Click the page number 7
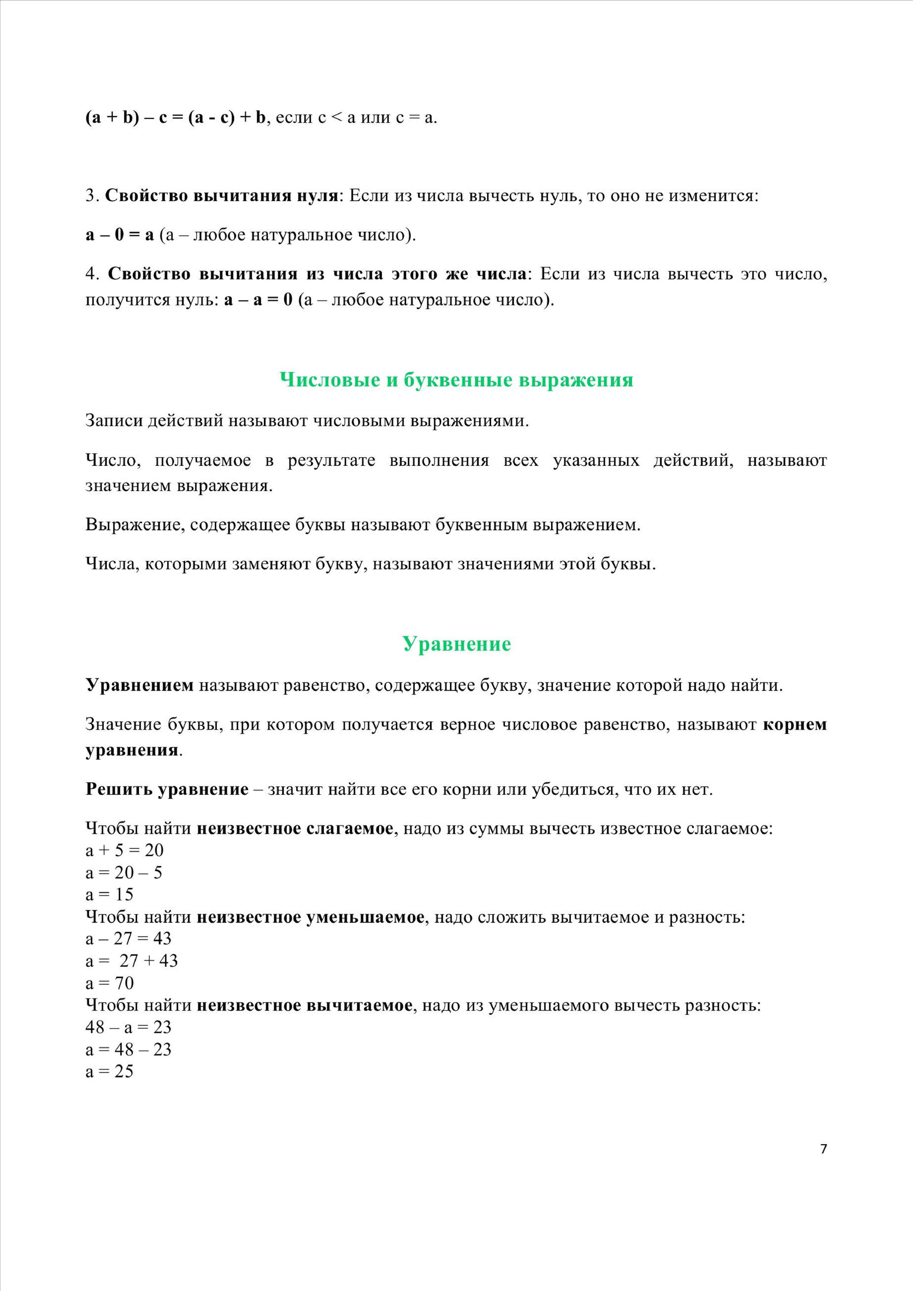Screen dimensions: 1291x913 (824, 1149)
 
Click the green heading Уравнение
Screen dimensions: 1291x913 (456, 644)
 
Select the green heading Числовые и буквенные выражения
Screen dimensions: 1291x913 (456, 380)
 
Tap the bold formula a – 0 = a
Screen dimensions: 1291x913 (119, 235)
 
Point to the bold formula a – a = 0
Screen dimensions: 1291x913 (258, 299)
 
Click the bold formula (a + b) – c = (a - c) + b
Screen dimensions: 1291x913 (175, 117)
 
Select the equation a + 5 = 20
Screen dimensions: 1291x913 (124, 850)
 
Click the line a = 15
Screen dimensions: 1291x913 (109, 895)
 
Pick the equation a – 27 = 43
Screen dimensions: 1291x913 (128, 938)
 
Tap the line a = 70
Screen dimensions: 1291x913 (110, 983)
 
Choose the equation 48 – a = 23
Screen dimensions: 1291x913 (128, 1027)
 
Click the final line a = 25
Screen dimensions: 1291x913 (109, 1071)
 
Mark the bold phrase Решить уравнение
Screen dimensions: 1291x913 (166, 790)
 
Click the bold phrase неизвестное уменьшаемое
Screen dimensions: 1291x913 (310, 917)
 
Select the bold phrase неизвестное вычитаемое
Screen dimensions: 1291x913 (304, 1005)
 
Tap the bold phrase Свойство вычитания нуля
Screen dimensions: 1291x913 (221, 196)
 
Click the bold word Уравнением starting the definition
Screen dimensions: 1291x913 (139, 685)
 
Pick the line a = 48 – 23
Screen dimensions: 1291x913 (128, 1049)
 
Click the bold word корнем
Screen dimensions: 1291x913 (794, 724)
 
